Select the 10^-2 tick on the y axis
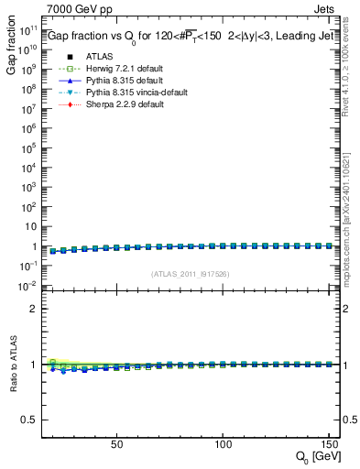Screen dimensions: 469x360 tap(28, 285)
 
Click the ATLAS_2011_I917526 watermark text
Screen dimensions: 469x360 tap(190, 273)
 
